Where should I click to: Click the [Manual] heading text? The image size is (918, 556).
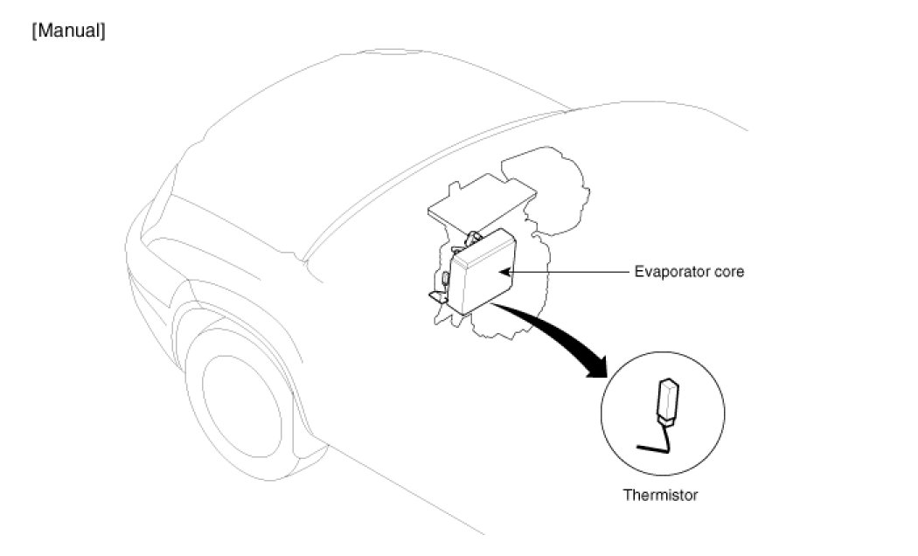(x=68, y=33)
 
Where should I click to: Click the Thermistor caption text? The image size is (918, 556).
(x=660, y=495)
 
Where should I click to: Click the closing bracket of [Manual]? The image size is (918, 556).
(x=103, y=33)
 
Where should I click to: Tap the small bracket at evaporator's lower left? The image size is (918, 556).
(x=436, y=298)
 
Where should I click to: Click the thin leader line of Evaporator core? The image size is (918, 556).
(x=568, y=273)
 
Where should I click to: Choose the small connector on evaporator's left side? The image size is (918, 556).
(x=445, y=279)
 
